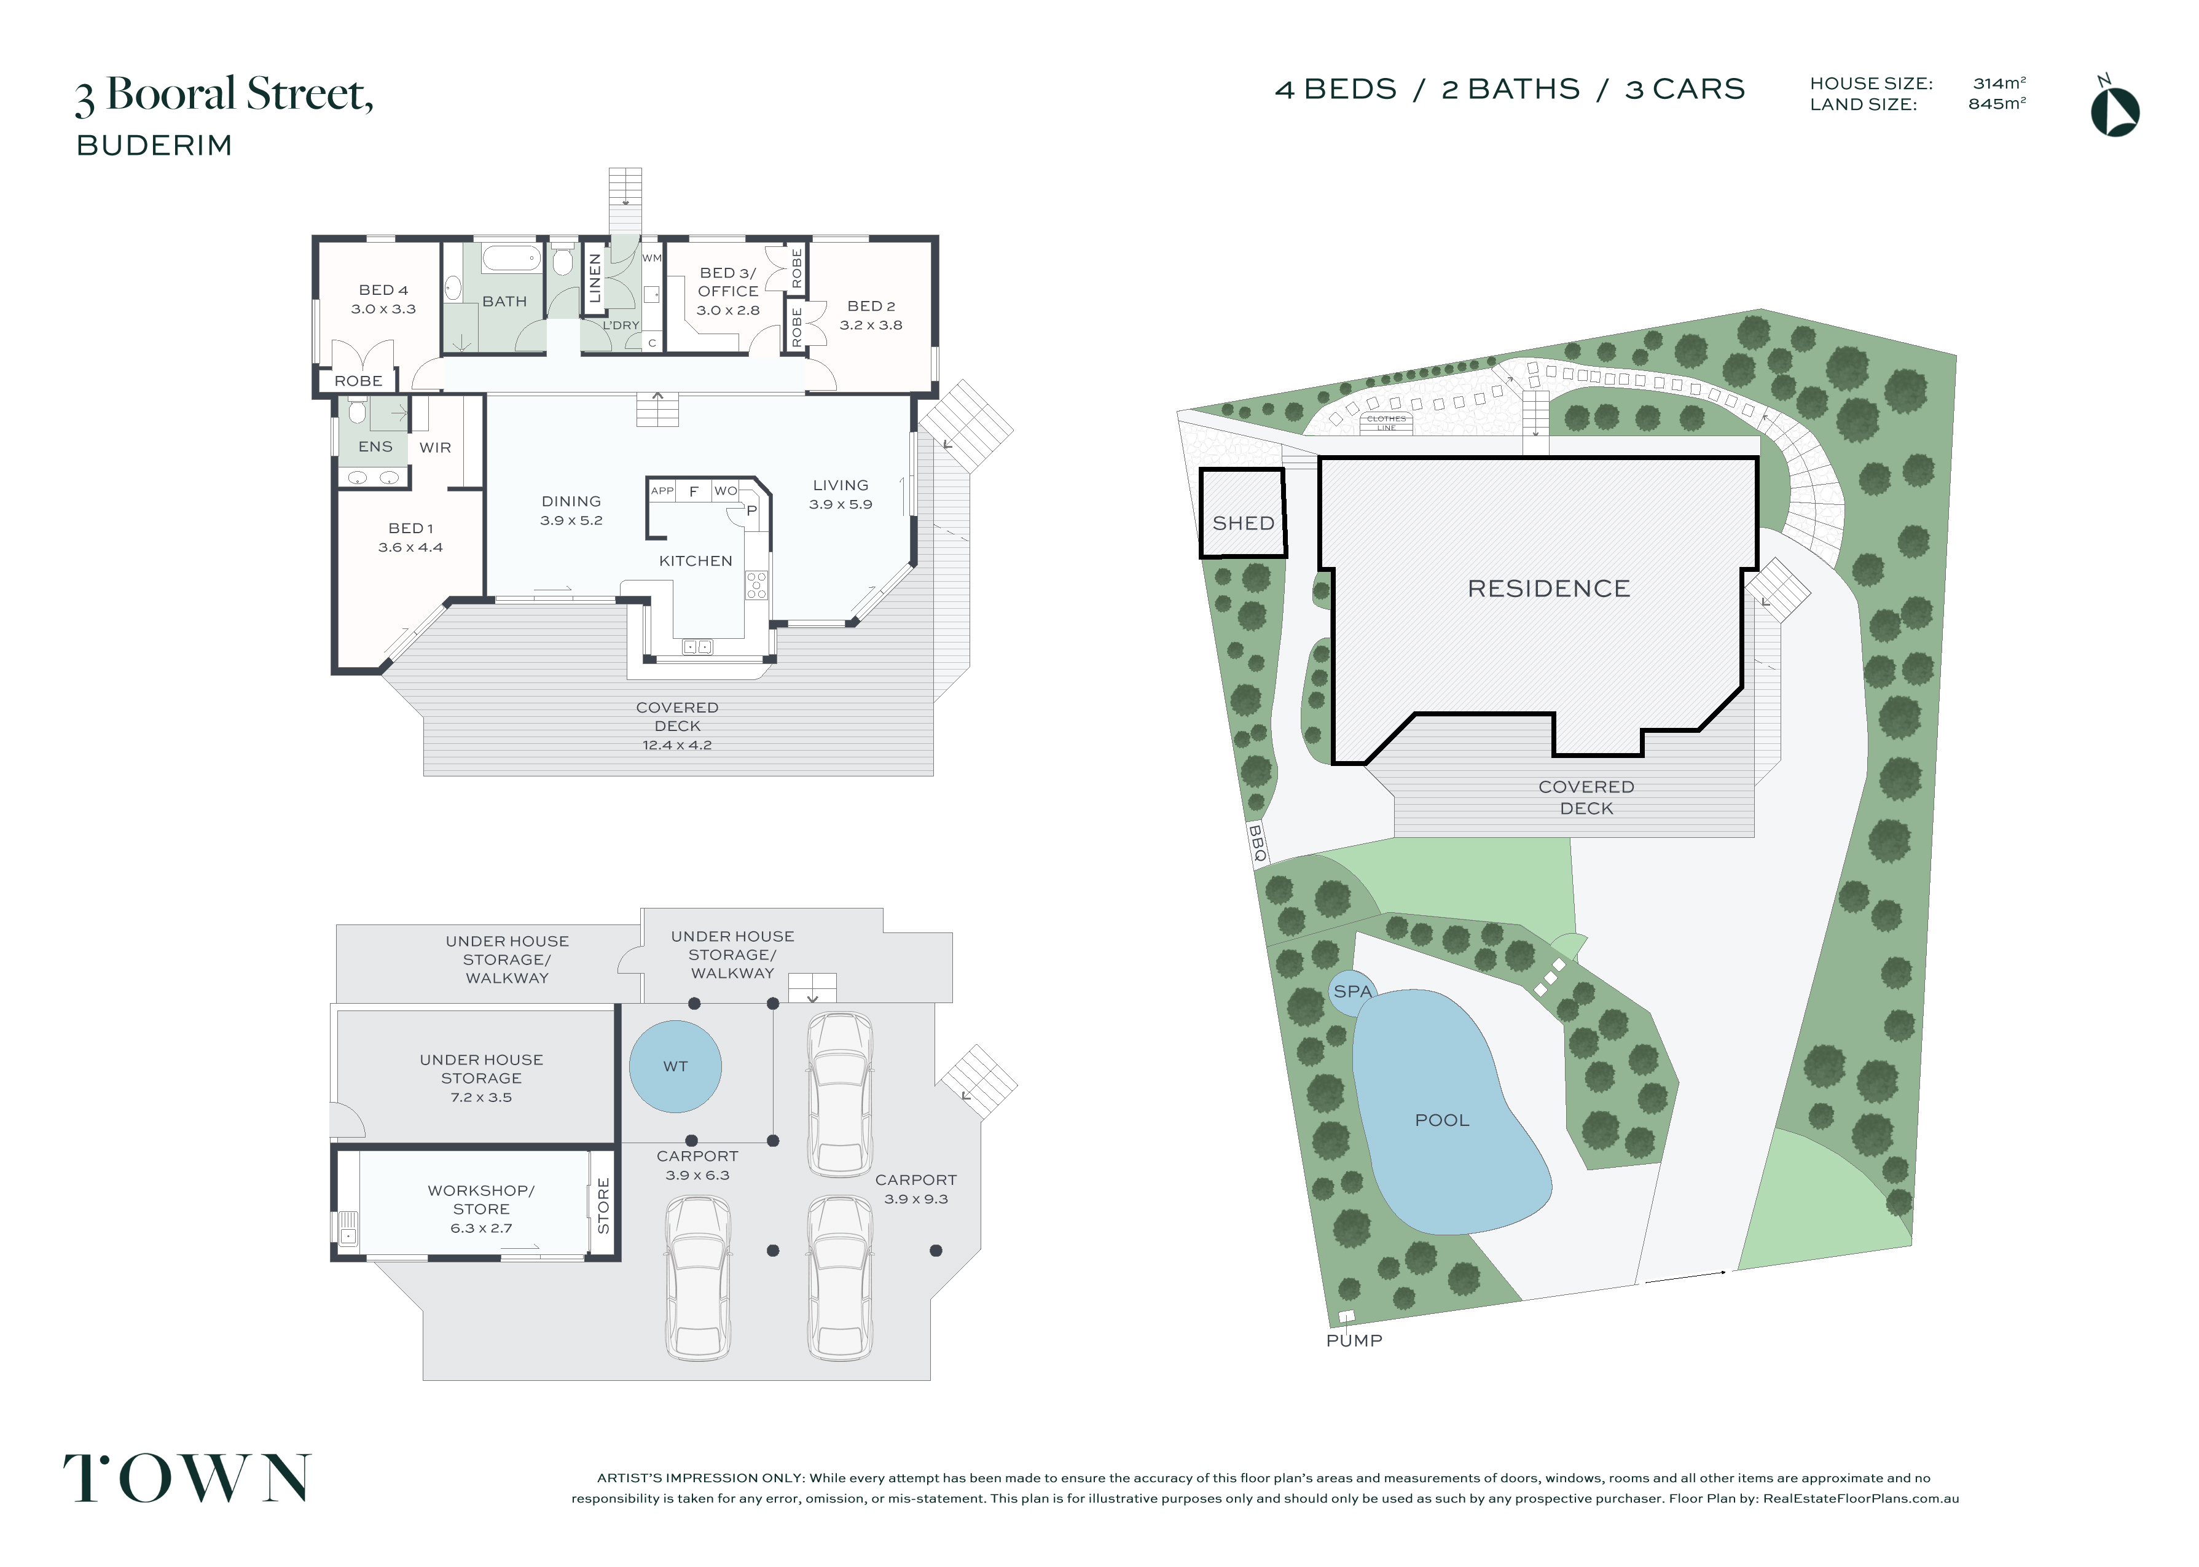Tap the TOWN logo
tap(187, 1478)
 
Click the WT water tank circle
tap(675, 1067)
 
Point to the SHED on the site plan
tap(1243, 514)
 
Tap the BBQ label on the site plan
tap(1256, 842)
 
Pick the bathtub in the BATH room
tap(511, 259)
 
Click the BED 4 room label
tap(383, 289)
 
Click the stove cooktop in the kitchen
tap(756, 585)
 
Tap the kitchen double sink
tap(697, 646)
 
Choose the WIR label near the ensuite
tap(435, 448)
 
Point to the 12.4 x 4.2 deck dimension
tap(677, 745)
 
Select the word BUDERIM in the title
tap(154, 146)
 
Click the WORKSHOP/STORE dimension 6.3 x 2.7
tap(482, 1229)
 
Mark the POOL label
tap(1441, 1120)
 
